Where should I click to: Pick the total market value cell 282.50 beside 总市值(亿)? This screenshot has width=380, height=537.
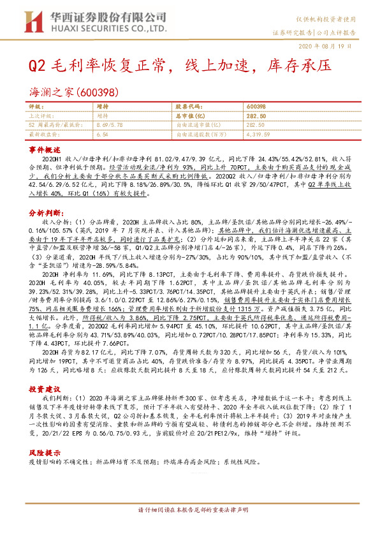[x=255, y=115]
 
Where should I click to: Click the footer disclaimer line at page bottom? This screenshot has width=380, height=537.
[x=190, y=528]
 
